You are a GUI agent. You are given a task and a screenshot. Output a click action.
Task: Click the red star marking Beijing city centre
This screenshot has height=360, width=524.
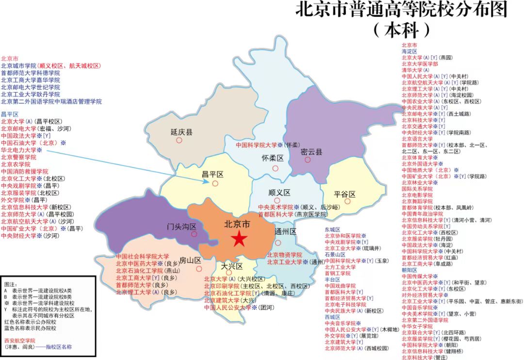238,239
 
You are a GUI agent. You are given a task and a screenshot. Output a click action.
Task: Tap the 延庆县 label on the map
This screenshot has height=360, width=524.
181,132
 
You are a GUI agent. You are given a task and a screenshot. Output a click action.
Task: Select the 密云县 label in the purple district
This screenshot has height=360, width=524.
311,152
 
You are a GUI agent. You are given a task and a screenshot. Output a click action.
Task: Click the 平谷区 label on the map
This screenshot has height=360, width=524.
344,195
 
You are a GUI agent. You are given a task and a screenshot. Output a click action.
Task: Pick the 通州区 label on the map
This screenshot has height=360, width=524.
285,231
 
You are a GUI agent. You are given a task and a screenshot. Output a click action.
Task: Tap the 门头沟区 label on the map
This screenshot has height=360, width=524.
181,227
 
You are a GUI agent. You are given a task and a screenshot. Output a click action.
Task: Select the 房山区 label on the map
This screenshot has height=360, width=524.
190,260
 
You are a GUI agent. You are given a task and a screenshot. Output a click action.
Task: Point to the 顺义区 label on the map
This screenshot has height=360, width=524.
279,192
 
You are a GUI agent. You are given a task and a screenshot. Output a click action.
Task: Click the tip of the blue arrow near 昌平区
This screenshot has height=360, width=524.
209,182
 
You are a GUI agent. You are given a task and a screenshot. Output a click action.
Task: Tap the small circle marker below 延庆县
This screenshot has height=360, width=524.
179,140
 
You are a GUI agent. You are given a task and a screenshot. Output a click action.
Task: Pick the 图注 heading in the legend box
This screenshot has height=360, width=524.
10,284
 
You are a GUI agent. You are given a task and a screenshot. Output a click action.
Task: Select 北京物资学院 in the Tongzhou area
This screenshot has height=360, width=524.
284,255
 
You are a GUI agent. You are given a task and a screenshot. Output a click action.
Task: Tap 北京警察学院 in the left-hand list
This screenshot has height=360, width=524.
18,157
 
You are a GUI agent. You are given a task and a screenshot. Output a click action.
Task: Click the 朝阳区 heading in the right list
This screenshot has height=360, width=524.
409,270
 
